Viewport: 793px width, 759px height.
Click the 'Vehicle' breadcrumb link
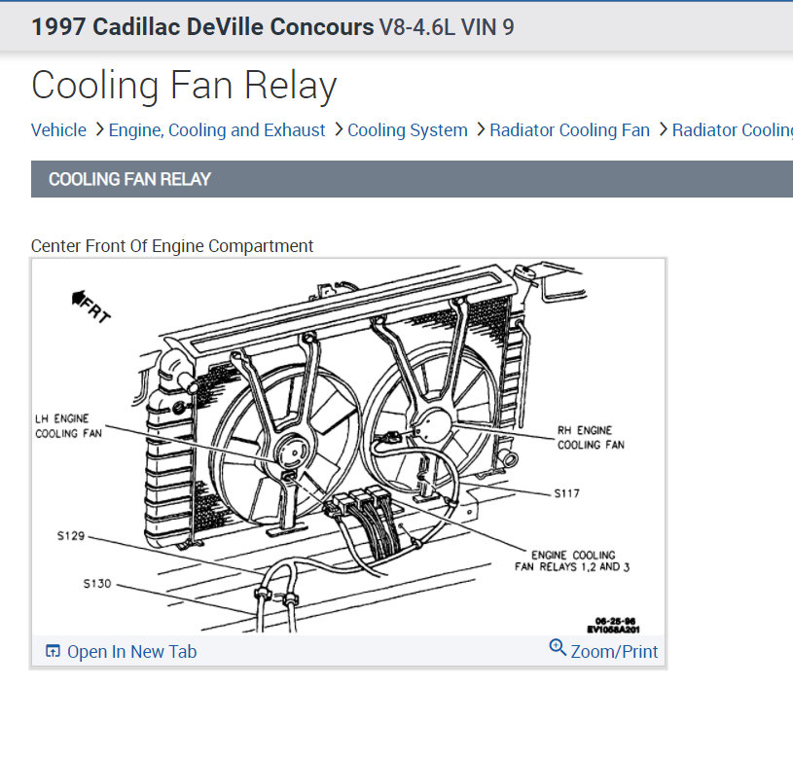[x=58, y=130]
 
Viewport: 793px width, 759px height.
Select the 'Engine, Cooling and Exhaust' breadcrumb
[x=217, y=130]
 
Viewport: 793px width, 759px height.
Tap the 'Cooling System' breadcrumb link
[x=408, y=130]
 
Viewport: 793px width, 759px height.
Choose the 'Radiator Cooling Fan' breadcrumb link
[x=569, y=130]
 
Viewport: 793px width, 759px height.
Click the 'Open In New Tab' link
[x=130, y=652]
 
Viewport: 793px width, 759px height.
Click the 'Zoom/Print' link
[x=614, y=652]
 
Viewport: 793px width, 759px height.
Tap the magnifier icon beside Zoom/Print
[x=558, y=647]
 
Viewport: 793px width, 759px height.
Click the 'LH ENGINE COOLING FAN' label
[x=68, y=425]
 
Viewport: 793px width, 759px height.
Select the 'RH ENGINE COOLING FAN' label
[x=591, y=437]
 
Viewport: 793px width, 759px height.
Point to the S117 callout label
[x=566, y=493]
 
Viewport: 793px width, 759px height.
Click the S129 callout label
[x=70, y=535]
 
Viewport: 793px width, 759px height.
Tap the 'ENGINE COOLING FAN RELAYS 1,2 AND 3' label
[x=571, y=560]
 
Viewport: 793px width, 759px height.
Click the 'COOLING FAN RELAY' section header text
[x=129, y=179]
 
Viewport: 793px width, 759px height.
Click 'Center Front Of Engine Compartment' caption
[x=172, y=246]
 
